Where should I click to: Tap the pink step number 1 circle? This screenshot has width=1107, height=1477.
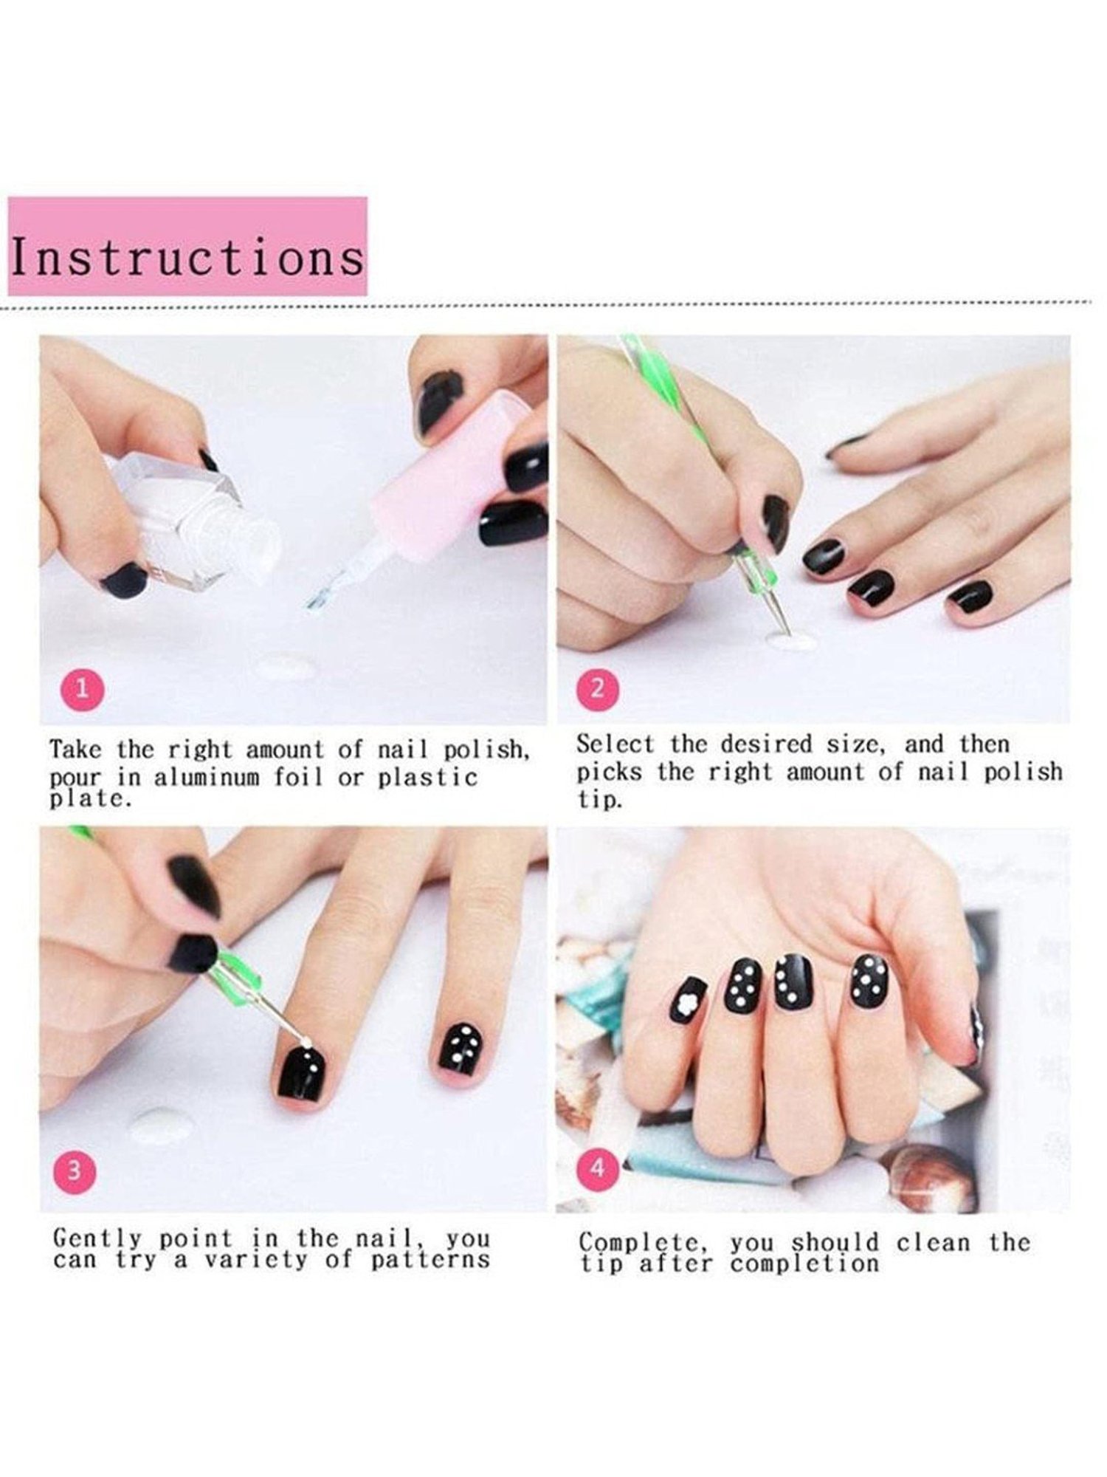82,689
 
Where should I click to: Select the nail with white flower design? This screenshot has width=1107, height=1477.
689,1001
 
